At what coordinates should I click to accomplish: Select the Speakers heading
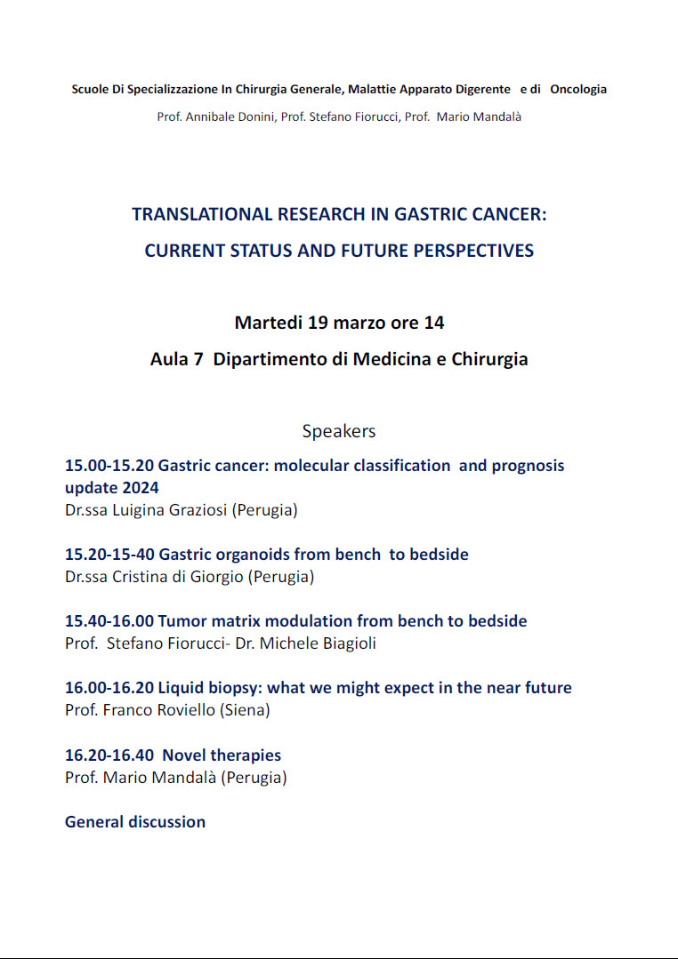tap(339, 431)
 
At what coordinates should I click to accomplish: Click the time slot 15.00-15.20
tap(109, 466)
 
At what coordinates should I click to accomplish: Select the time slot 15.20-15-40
tap(109, 555)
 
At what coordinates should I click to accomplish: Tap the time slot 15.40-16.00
tap(109, 621)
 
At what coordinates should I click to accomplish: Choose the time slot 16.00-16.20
tap(109, 688)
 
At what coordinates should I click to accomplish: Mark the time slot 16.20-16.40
tap(109, 755)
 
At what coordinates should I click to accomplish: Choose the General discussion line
tap(135, 822)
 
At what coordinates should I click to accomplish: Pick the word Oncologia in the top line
tap(578, 90)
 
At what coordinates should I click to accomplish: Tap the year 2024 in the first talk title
tap(139, 488)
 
